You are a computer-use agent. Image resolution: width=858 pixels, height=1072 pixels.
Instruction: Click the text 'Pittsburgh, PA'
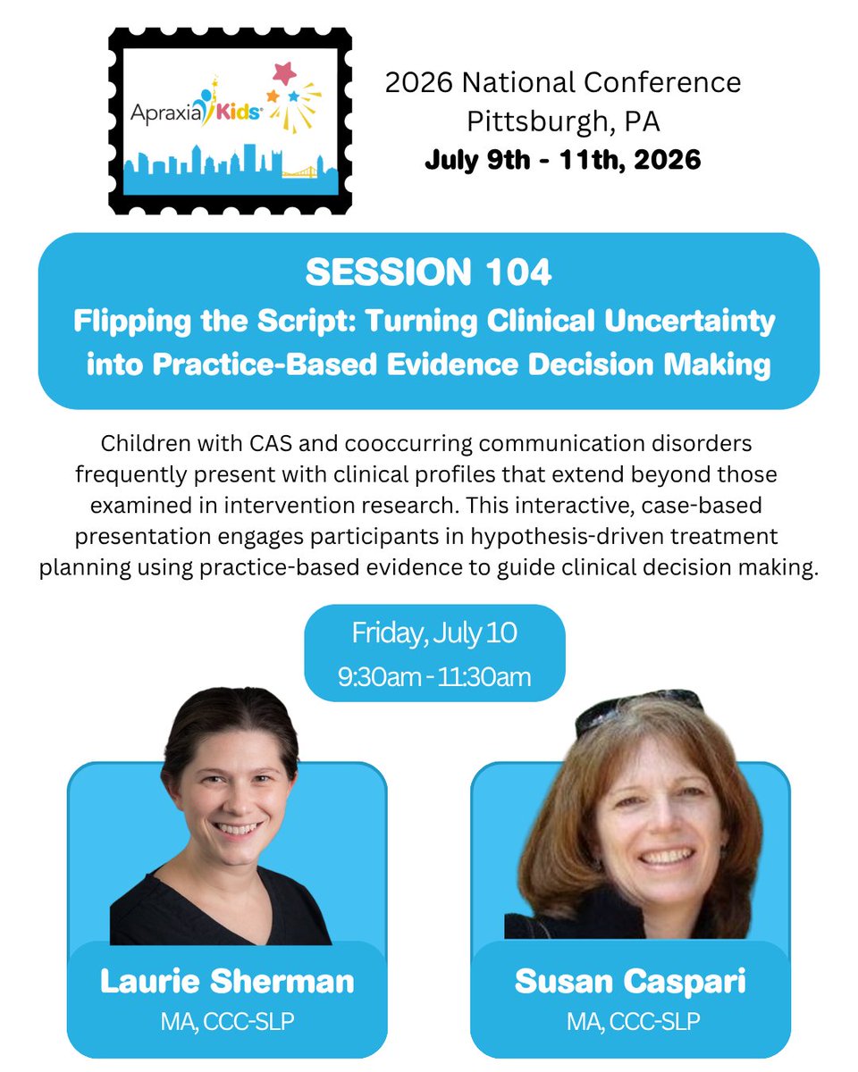pos(563,121)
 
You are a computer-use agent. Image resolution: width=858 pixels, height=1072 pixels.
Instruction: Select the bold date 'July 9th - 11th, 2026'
pos(563,161)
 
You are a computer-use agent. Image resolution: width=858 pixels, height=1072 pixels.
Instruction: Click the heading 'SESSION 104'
pos(428,272)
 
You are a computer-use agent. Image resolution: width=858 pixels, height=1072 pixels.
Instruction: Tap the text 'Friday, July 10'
pos(434,633)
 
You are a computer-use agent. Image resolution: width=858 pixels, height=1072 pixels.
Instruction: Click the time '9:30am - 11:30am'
pos(434,676)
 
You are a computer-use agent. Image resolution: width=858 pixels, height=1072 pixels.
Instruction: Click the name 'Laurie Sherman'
pos(227,981)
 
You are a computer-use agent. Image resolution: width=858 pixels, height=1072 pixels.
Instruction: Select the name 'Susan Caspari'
pos(630,981)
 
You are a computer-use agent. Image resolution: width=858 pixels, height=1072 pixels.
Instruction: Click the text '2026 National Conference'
pos(563,83)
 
